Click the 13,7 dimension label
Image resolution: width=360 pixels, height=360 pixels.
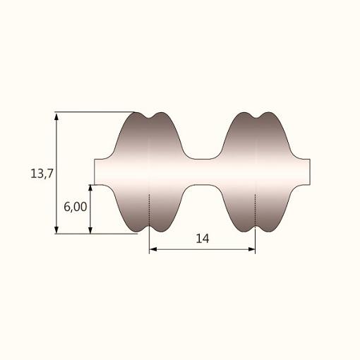(42, 174)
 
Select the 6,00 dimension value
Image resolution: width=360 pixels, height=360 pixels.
(76, 207)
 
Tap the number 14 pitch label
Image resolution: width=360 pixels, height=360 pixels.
(203, 239)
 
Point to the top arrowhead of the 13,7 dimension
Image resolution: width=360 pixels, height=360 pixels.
(56, 116)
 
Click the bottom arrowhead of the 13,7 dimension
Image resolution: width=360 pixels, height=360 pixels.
(56, 229)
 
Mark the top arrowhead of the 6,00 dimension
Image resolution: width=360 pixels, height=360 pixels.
(90, 189)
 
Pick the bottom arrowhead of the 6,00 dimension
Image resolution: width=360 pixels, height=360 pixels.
(90, 229)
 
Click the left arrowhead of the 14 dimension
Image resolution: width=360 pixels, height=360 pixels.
(153, 249)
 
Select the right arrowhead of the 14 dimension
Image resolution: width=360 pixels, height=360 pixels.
(251, 249)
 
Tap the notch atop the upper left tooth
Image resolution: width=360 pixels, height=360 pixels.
(150, 117)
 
